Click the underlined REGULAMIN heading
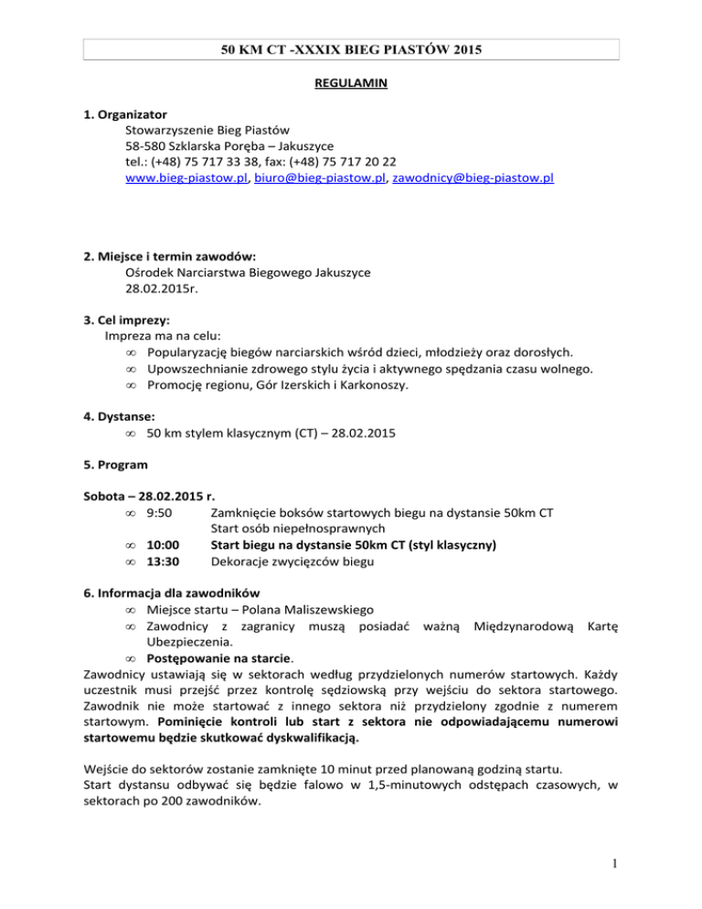[x=351, y=83]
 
